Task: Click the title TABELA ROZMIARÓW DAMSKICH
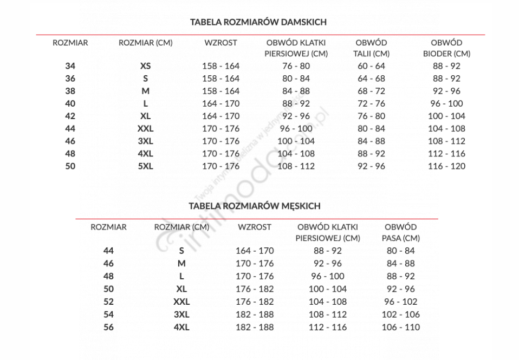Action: tap(258, 22)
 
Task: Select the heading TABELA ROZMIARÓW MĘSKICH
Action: tap(255, 206)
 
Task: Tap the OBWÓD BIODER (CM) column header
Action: tap(446, 48)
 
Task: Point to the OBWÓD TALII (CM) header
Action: tap(371, 48)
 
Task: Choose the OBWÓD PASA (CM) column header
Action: tap(400, 232)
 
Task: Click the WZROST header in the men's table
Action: tap(255, 227)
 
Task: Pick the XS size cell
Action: tap(145, 66)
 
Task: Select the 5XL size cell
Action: tap(145, 166)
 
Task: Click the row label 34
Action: tap(70, 66)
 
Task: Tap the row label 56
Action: tap(109, 327)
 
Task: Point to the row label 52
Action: tap(109, 302)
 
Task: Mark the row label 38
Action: tap(70, 91)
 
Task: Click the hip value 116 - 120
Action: tap(446, 166)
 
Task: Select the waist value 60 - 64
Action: tap(371, 66)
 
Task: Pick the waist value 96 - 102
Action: tap(400, 302)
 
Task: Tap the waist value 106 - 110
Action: tap(400, 327)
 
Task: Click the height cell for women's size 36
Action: tap(220, 78)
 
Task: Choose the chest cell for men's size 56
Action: tap(328, 327)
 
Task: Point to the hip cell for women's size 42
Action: tap(446, 116)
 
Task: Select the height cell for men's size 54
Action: tap(255, 314)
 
